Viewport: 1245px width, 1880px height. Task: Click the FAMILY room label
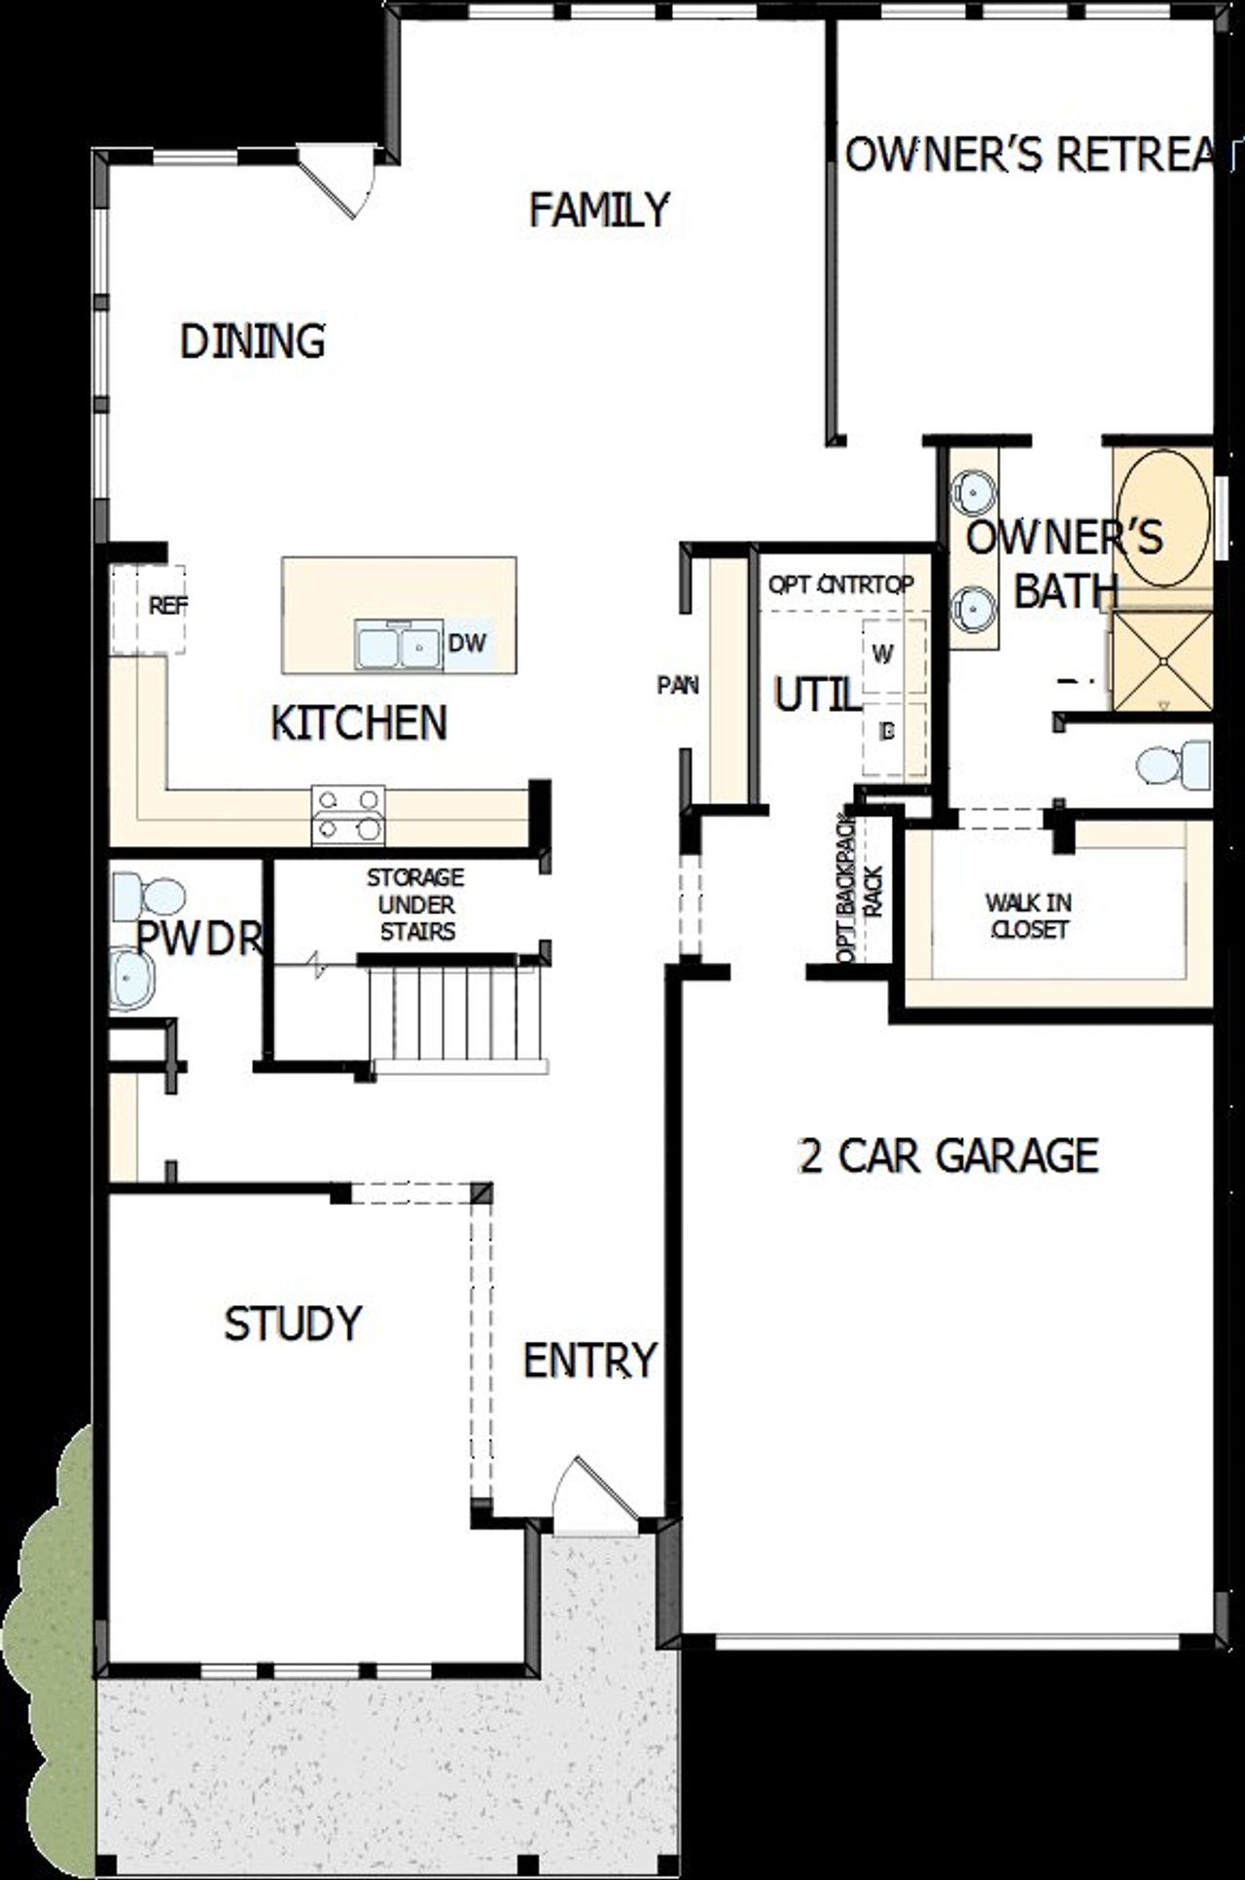599,210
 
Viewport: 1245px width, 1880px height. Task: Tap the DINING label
253,341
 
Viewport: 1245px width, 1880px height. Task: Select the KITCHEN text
358,723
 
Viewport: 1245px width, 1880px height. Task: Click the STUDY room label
293,1324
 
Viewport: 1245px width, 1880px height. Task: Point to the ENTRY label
589,1361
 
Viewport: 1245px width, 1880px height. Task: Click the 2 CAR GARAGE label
948,1156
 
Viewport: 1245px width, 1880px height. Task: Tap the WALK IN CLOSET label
1028,916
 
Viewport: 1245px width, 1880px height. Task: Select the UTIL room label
816,695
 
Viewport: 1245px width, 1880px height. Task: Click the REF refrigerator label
167,606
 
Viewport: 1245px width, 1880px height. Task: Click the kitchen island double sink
399,645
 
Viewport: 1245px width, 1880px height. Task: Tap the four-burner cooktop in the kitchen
348,814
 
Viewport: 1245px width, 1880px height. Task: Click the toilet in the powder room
148,897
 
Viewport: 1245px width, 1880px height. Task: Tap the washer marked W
883,655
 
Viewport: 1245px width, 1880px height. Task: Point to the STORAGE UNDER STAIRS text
415,905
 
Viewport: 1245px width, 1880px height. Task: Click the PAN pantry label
678,686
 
